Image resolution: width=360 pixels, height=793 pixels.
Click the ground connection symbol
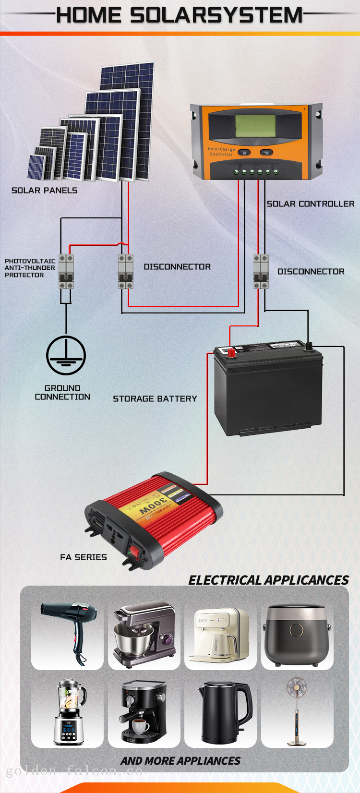coord(66,356)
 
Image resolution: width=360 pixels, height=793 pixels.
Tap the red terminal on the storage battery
coord(231,353)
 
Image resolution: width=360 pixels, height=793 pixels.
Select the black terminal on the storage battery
coord(309,345)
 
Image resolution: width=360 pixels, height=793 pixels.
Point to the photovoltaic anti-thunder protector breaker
coord(66,272)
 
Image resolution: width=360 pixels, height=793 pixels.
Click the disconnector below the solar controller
coord(261,272)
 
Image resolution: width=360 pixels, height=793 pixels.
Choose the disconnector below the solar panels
coord(126,272)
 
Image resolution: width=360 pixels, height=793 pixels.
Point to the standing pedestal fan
coord(297,712)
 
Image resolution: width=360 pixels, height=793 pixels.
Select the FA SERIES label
coord(84,557)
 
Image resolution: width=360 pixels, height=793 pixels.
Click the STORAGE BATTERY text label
coord(155,399)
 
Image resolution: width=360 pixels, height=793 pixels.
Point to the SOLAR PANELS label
coord(44,191)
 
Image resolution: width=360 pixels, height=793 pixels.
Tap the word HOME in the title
coord(89,15)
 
